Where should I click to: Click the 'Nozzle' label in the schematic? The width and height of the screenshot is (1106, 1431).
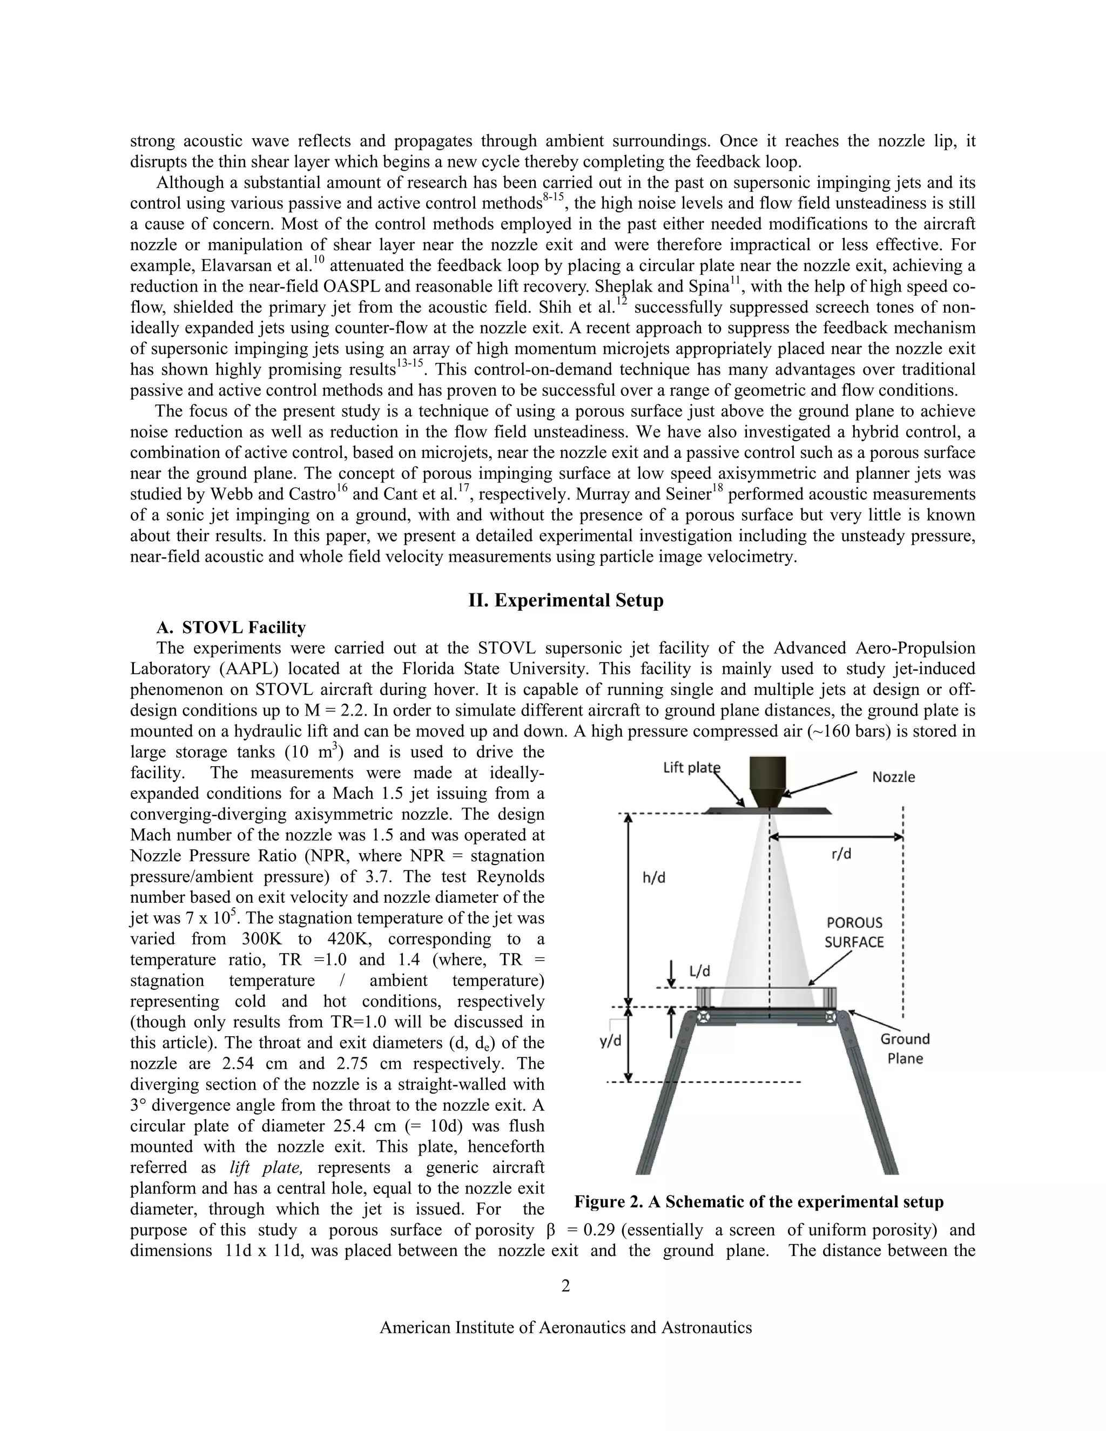[893, 777]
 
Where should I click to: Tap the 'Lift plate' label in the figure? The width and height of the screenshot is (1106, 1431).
[691, 767]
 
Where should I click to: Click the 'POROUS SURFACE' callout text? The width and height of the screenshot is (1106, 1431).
[854, 932]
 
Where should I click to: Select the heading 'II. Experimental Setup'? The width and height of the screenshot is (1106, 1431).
[565, 600]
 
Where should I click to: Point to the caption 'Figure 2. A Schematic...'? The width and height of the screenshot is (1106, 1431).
[759, 1201]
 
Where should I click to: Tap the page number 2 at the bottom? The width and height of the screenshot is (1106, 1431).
[565, 1286]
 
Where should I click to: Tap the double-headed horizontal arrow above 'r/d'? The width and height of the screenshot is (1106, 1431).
[835, 836]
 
